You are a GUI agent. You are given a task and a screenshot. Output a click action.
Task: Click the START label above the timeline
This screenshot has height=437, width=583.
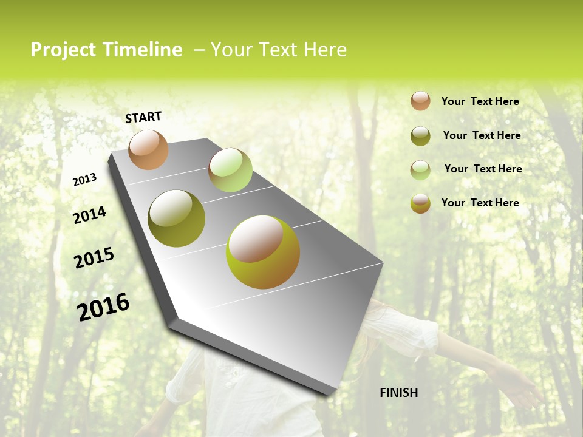[143, 117]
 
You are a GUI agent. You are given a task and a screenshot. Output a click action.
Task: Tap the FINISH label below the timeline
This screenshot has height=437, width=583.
[399, 393]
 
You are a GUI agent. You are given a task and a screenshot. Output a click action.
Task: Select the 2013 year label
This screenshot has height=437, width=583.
[85, 179]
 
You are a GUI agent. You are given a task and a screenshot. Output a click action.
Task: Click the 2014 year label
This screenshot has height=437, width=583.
[89, 215]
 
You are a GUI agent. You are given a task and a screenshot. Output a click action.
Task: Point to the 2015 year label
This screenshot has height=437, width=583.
[94, 258]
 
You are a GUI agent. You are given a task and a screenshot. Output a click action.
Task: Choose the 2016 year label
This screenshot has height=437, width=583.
[103, 307]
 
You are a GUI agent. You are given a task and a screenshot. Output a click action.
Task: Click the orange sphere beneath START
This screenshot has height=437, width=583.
[148, 149]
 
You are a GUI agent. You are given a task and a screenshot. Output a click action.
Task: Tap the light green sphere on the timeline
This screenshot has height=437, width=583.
[230, 170]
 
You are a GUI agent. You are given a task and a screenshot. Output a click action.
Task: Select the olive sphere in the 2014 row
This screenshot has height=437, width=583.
[176, 218]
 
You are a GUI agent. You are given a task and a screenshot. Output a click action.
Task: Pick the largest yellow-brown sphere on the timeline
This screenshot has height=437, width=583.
[263, 252]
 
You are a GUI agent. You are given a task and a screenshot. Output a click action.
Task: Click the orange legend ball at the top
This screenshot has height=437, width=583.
[420, 101]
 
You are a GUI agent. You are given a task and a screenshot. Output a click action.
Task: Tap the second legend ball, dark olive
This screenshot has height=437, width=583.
[420, 136]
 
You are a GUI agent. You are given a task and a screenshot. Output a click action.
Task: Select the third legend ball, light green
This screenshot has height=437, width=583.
[420, 170]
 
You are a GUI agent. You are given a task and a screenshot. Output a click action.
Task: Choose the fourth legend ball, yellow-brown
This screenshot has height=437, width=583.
[420, 203]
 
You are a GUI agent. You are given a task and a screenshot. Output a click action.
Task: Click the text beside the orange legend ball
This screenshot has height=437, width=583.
[480, 101]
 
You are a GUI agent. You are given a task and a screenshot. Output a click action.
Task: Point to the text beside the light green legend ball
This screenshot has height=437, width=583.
[483, 169]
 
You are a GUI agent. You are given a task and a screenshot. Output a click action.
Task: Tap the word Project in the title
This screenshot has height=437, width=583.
[64, 50]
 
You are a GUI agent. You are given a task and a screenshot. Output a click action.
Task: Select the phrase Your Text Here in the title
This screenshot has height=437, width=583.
[279, 50]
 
